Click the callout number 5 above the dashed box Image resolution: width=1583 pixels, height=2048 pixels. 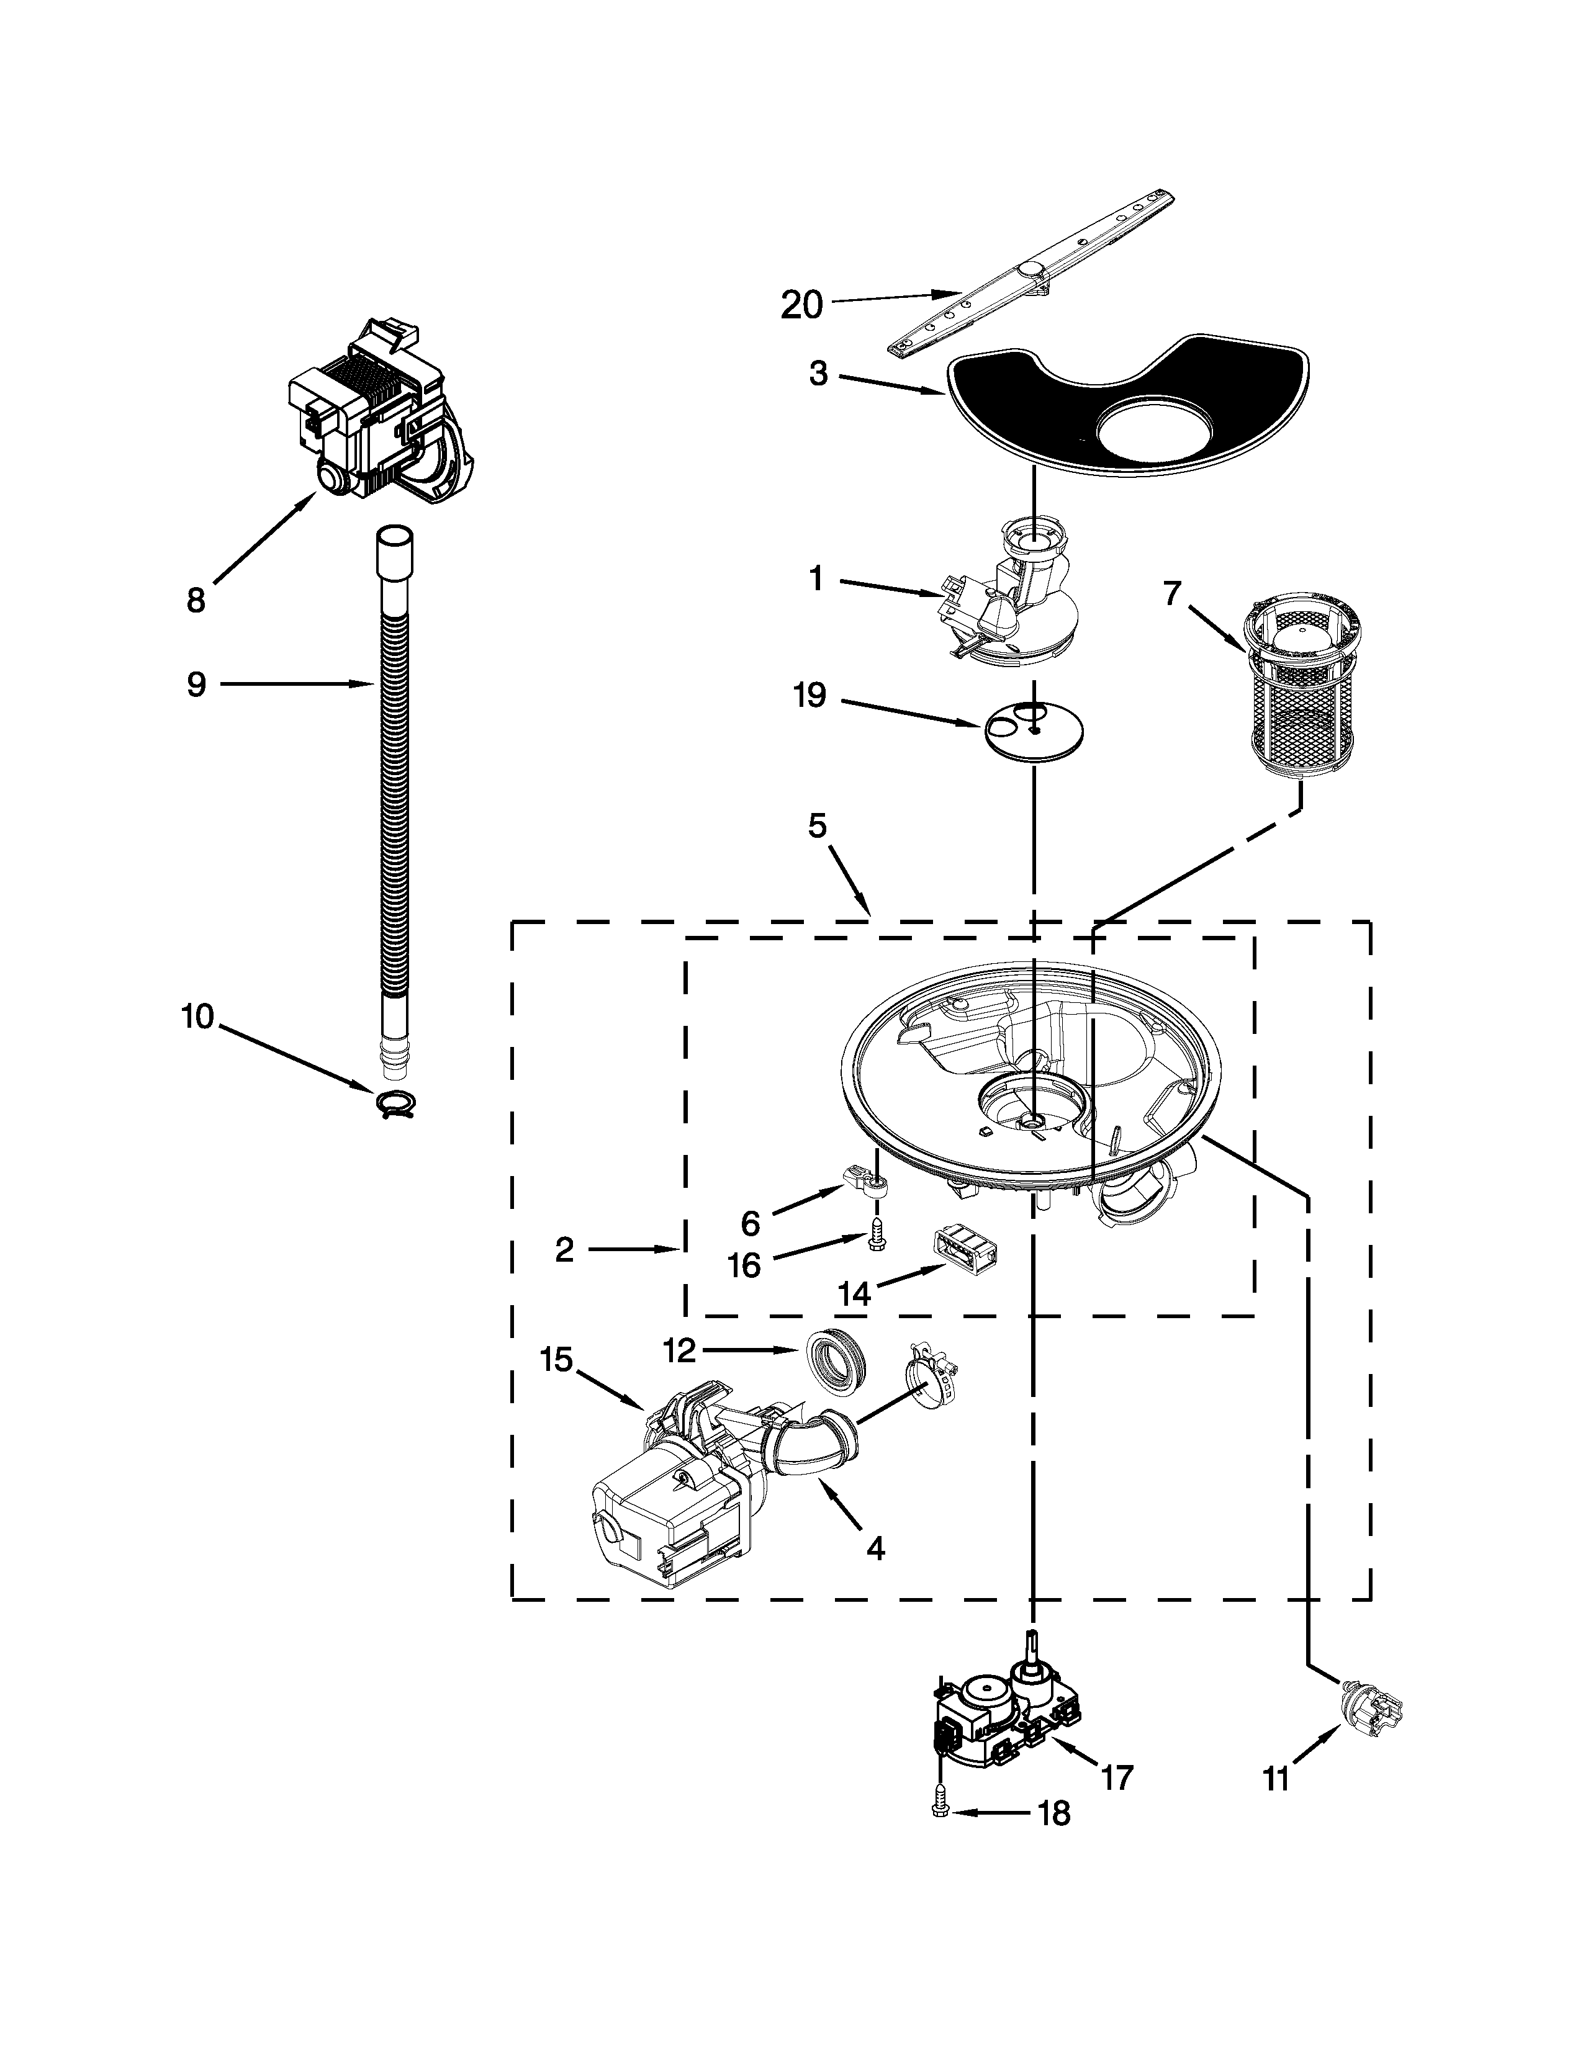coord(817,826)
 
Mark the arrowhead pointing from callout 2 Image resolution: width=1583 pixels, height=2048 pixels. coord(677,1249)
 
